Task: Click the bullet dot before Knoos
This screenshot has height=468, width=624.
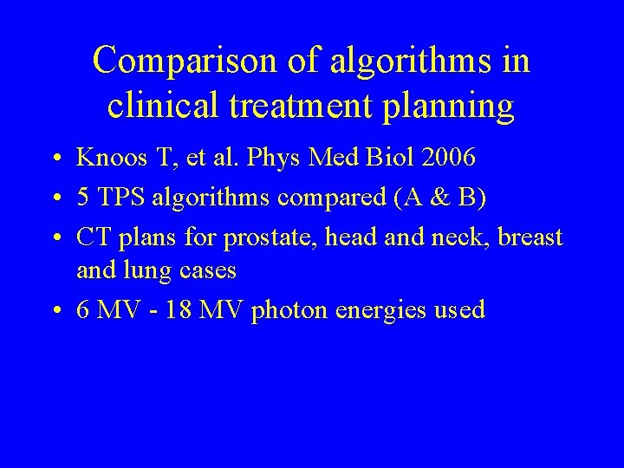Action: pyautogui.click(x=55, y=159)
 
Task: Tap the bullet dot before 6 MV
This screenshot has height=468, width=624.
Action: pyautogui.click(x=55, y=309)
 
